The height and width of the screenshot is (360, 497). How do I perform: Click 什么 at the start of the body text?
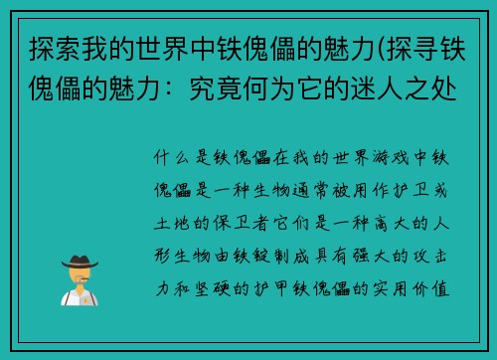(169, 157)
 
